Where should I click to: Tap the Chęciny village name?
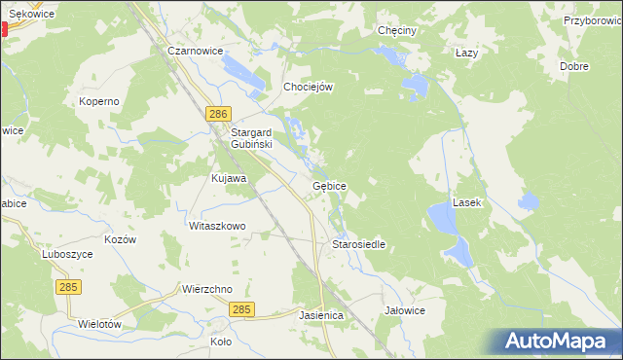397,30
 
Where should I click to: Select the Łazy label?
466,53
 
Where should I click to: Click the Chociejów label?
308,87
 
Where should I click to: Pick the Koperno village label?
99,101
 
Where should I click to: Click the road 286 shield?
218,115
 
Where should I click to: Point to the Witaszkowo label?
217,226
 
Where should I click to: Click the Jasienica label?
321,316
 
